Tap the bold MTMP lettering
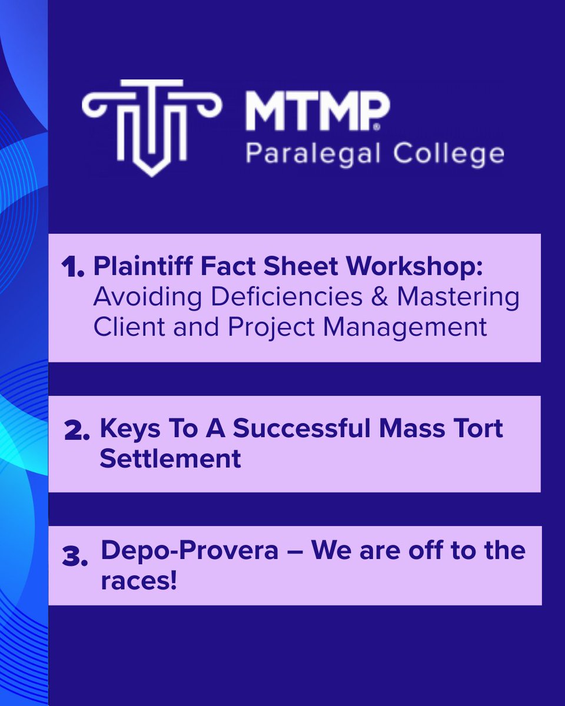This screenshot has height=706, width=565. click(317, 112)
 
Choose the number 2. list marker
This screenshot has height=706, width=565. click(77, 431)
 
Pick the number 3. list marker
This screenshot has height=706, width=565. click(76, 556)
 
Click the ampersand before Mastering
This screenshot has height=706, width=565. click(380, 297)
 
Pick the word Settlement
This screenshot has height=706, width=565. click(171, 458)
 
